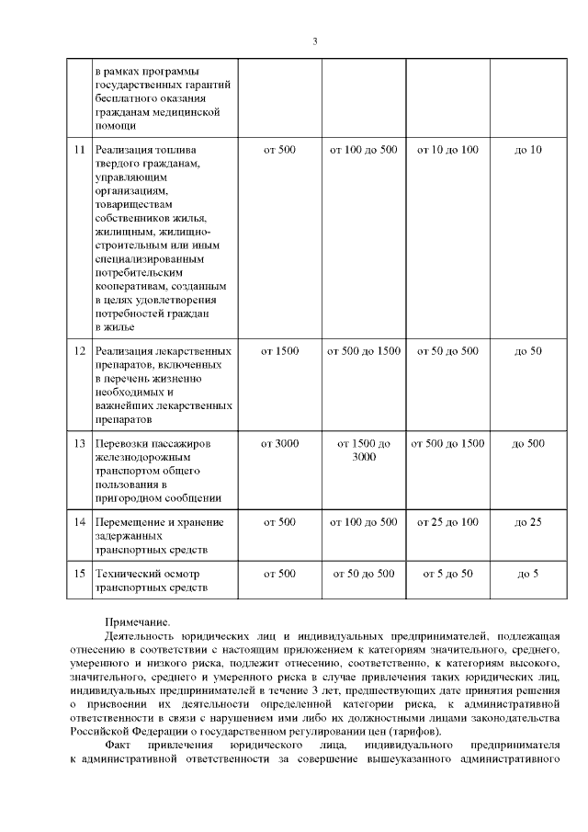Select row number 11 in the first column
pyautogui.click(x=79, y=149)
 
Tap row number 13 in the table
pyautogui.click(x=79, y=444)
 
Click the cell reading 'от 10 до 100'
pyautogui.click(x=448, y=149)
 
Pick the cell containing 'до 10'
pyautogui.click(x=528, y=149)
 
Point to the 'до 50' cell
pyautogui.click(x=528, y=351)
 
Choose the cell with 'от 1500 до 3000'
pyautogui.click(x=364, y=450)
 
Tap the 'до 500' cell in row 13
pyautogui.click(x=528, y=444)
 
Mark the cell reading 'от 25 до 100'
pyautogui.click(x=448, y=522)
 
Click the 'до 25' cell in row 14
pyautogui.click(x=528, y=522)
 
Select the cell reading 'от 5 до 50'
pyautogui.click(x=448, y=574)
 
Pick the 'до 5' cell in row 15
pyautogui.click(x=528, y=574)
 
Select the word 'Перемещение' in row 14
pyautogui.click(x=130, y=522)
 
